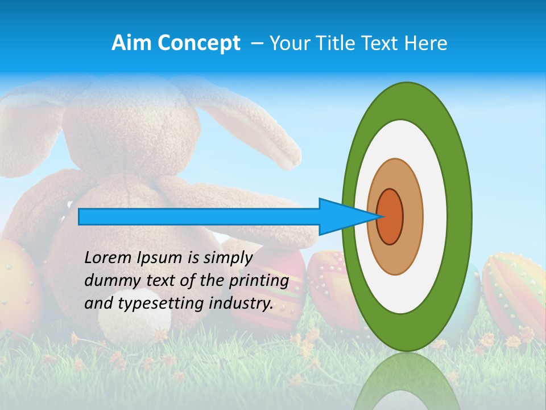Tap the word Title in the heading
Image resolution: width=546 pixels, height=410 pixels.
[340, 43]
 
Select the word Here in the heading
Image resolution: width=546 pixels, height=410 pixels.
[425, 43]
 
